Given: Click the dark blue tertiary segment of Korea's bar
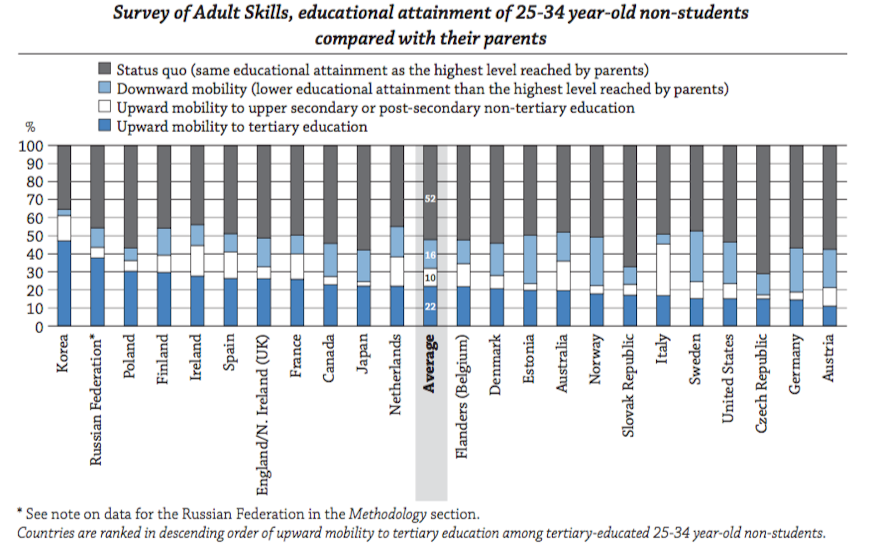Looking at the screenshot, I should [x=64, y=283].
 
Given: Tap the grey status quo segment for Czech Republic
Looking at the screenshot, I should [x=763, y=209].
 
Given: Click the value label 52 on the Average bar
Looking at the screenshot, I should [x=430, y=199].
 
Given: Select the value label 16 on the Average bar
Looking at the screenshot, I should [x=430, y=255].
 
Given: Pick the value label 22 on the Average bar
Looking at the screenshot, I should [x=430, y=307].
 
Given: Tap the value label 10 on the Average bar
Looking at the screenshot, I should [x=430, y=278].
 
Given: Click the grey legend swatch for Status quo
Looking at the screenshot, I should [x=105, y=69].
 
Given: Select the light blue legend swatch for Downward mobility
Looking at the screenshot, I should [x=105, y=88].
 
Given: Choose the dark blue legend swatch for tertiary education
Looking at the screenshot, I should [x=105, y=126].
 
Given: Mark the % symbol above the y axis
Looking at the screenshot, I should [x=30, y=127].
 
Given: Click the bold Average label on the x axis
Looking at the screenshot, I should [x=429, y=364].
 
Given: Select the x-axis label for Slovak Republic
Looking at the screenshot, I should [x=628, y=385].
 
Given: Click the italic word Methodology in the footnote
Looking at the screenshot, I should [x=387, y=514].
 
